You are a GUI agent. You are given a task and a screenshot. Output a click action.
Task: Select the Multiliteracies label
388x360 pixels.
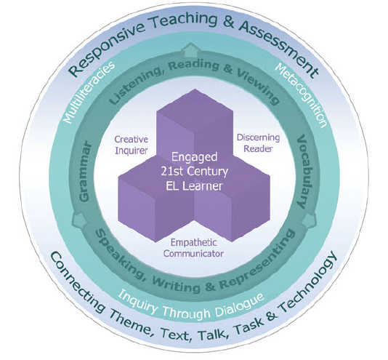coord(89,92)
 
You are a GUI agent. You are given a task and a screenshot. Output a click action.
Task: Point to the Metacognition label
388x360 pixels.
coord(302,95)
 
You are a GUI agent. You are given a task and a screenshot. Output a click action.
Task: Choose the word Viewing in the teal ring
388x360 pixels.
coord(259,85)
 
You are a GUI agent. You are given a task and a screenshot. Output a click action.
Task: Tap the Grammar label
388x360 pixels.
coord(84,172)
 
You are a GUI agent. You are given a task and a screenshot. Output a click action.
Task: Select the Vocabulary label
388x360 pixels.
coord(304,172)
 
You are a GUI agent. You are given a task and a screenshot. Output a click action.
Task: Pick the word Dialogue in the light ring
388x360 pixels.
coord(240,305)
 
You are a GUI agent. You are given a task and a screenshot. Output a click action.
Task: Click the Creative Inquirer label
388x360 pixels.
coord(131,145)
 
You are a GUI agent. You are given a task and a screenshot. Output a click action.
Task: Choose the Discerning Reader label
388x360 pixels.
coord(259,143)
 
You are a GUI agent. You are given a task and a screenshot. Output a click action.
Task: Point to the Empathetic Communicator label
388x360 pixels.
coord(193,248)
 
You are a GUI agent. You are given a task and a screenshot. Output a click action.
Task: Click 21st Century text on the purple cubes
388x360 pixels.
coord(195,171)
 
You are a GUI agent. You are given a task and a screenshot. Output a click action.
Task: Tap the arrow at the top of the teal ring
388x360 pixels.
coord(190,50)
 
